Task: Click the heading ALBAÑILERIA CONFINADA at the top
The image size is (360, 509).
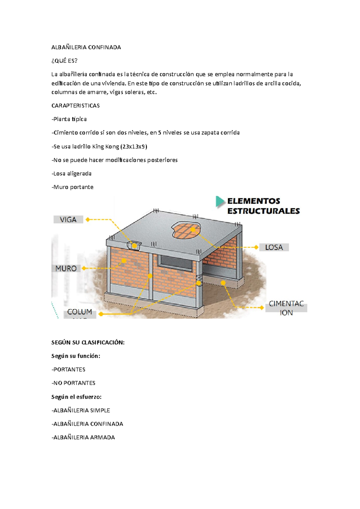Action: [86, 47]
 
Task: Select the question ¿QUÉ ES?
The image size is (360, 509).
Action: [64, 61]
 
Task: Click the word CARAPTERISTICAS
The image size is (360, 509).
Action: [76, 106]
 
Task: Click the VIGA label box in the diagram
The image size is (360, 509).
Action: [68, 220]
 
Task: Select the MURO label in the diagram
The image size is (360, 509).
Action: [66, 269]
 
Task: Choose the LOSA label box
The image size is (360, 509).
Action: [274, 247]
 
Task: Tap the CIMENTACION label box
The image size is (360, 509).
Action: [286, 308]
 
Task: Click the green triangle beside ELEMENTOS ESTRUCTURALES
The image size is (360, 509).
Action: [220, 201]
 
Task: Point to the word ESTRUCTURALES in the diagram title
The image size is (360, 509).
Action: [263, 211]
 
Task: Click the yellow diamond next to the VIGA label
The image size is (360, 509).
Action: [88, 220]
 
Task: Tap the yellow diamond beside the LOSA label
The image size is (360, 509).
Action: [256, 247]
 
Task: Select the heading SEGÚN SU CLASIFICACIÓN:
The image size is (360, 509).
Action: [88, 343]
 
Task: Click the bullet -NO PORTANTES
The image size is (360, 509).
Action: [73, 383]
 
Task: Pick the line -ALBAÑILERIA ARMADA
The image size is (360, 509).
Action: [83, 438]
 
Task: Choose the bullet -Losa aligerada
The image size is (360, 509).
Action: [71, 174]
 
